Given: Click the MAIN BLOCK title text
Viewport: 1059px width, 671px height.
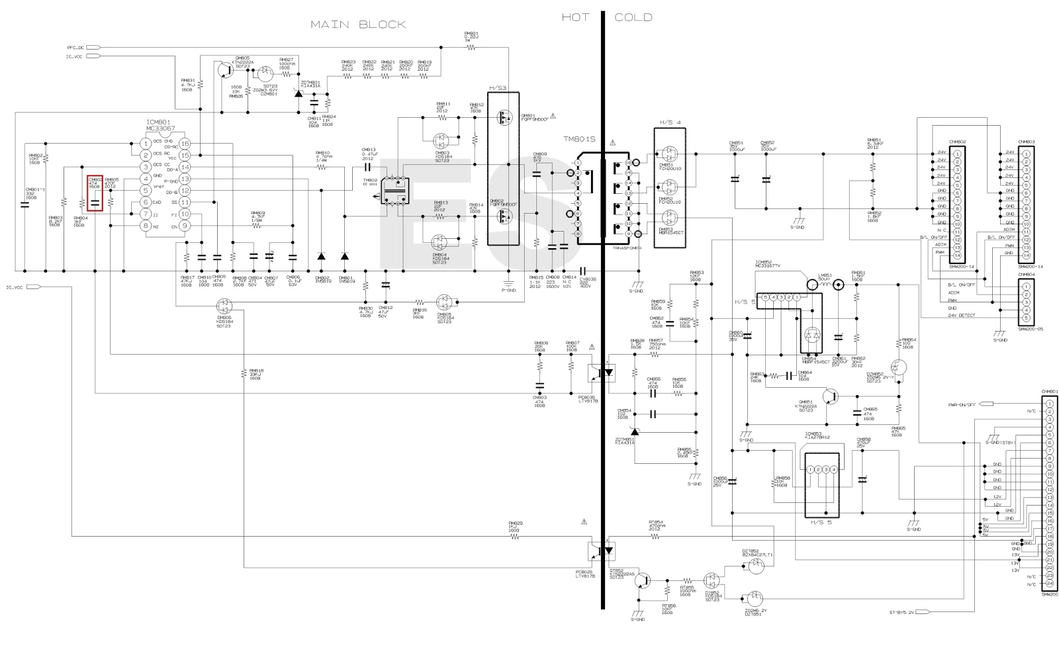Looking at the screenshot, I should tap(358, 24).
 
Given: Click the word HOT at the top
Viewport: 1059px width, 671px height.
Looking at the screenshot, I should tap(575, 17).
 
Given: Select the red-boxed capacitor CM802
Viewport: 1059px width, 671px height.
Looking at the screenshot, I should tap(95, 196).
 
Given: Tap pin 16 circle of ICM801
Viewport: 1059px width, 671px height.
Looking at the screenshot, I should tap(185, 144).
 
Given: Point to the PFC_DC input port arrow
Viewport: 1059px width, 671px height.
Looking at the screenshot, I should tap(93, 48).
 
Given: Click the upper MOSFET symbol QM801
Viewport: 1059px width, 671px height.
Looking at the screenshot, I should tap(504, 119).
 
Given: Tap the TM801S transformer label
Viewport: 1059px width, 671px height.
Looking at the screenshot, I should tap(578, 140).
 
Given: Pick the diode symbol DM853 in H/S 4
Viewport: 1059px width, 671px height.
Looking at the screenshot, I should tap(670, 217).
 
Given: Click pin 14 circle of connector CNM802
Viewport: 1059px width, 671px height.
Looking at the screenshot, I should tap(957, 255).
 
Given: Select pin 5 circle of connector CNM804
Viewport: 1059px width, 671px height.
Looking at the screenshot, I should tap(1026, 317).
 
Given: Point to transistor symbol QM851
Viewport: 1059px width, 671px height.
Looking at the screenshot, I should tap(833, 397).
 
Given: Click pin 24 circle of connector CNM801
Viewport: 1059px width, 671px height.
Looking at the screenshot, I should tap(1050, 584).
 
